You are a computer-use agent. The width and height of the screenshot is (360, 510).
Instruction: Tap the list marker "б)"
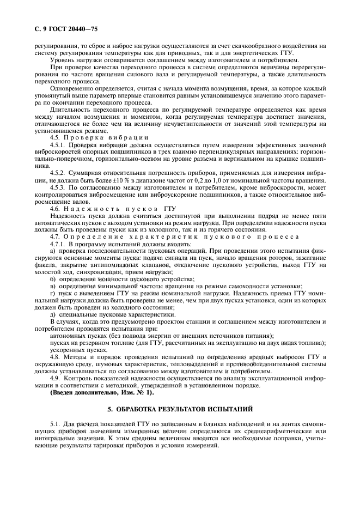(x=52, y=278)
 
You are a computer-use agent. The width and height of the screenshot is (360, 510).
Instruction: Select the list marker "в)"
(x=52, y=286)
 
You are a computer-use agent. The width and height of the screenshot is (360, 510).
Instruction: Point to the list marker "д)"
(x=52, y=314)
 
